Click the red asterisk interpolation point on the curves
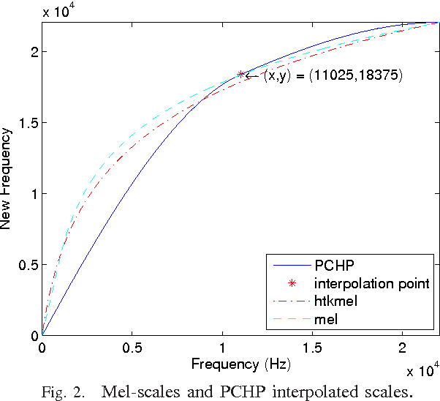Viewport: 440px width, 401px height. pos(240,75)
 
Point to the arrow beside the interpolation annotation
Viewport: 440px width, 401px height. pos(252,75)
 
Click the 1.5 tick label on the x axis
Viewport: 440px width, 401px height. pos(312,348)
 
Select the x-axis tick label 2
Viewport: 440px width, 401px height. pos(402,348)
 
